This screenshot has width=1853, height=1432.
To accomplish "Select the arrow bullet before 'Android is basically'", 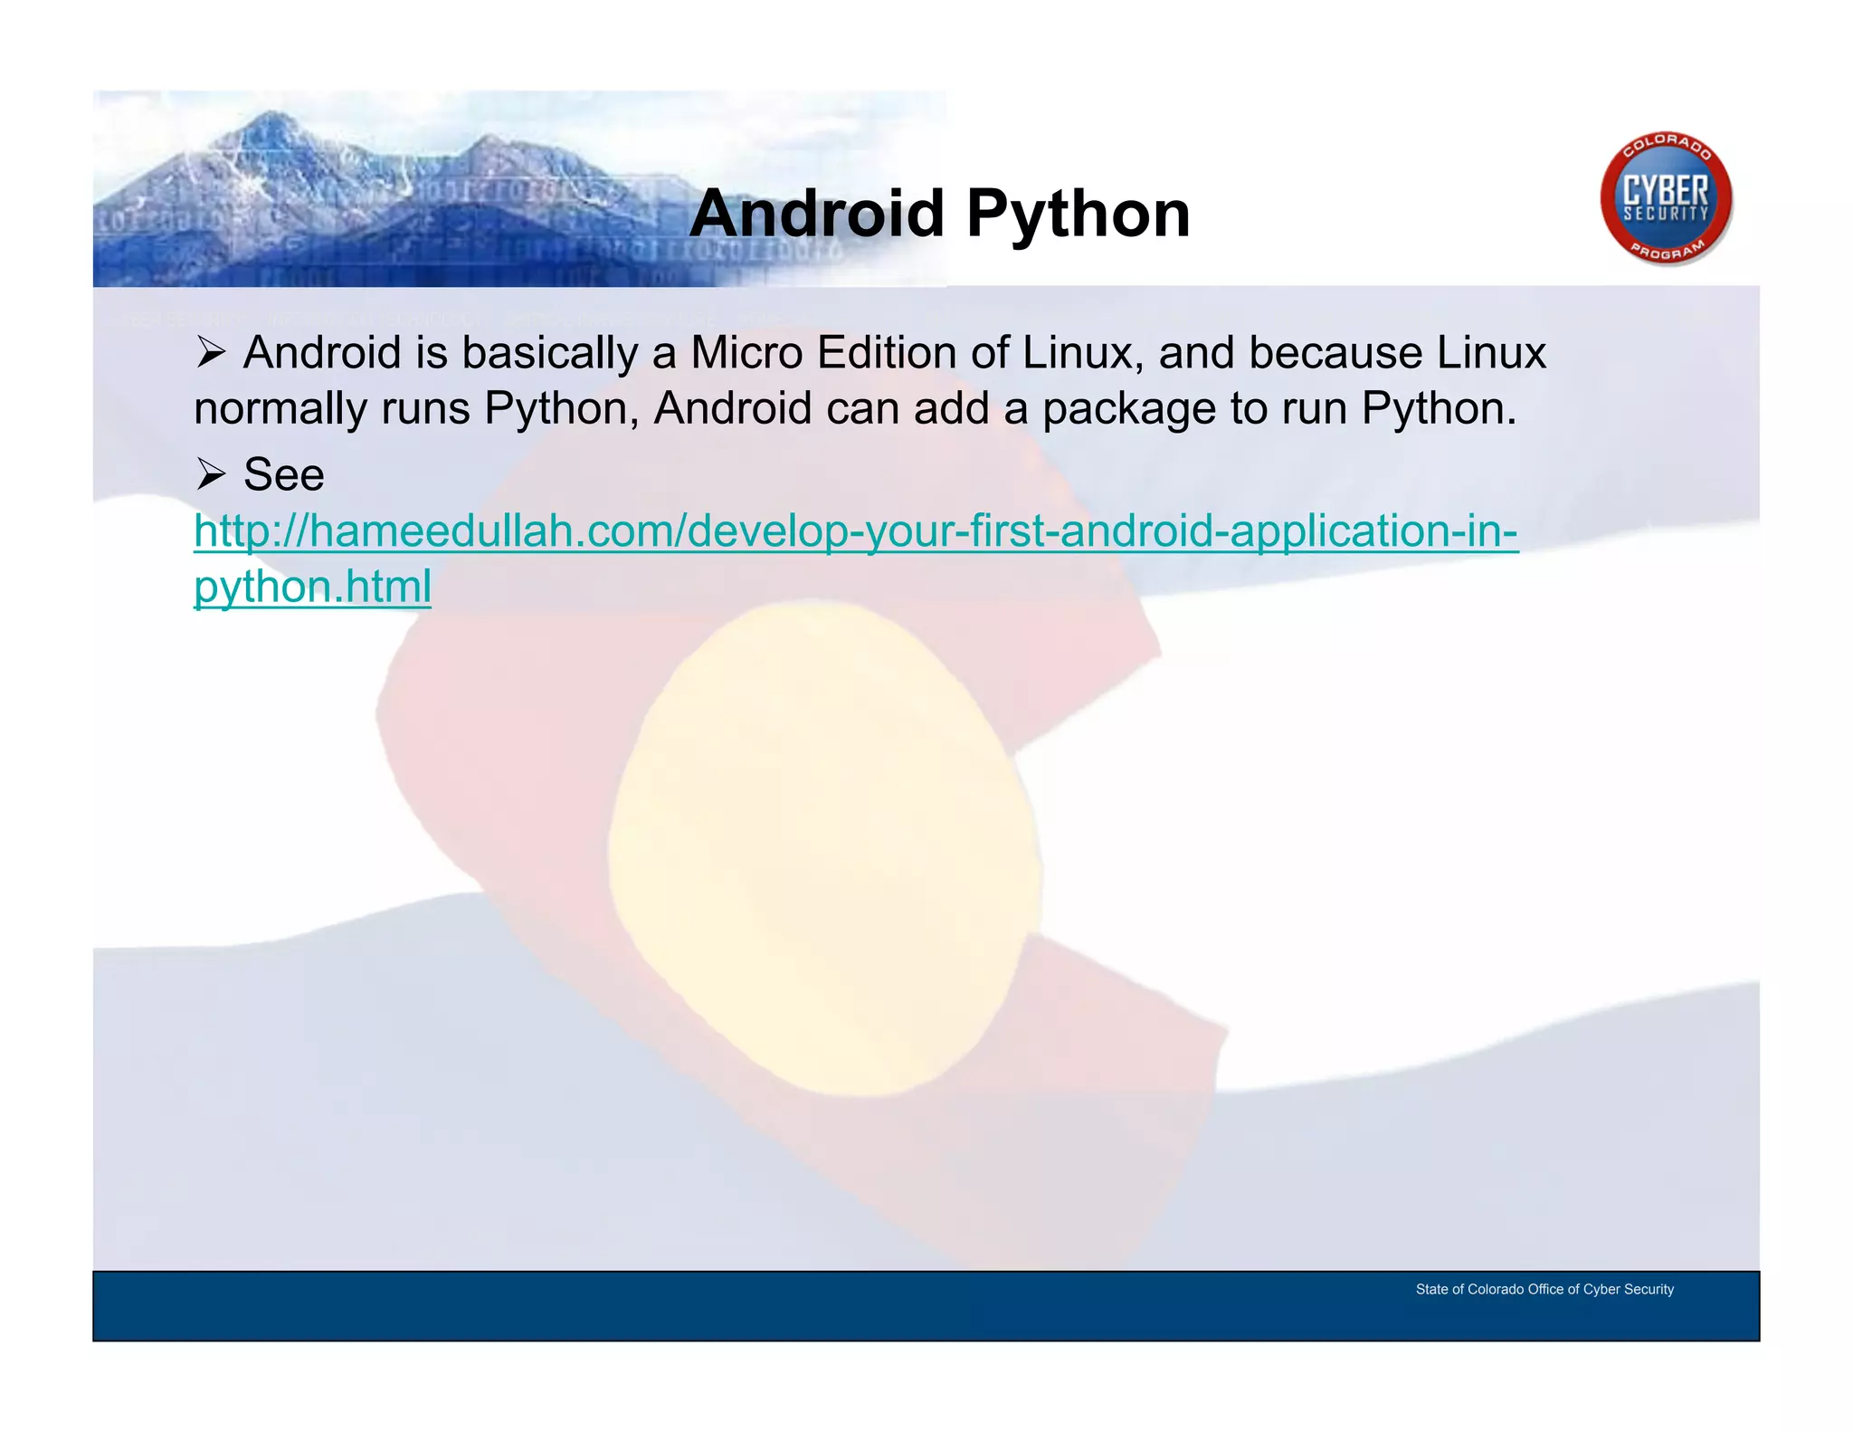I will point(211,353).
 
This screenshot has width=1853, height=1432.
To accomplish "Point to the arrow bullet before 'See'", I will point(211,474).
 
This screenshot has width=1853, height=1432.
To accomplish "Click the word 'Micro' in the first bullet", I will point(746,353).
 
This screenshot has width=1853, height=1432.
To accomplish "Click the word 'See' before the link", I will point(283,474).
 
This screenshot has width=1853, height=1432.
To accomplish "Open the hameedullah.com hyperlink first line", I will point(855,531).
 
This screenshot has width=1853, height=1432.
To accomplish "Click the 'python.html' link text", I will point(312,587).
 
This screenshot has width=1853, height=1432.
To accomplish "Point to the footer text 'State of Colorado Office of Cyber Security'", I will point(1544,1289).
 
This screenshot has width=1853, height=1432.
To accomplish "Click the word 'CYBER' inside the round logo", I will point(1665,191).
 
